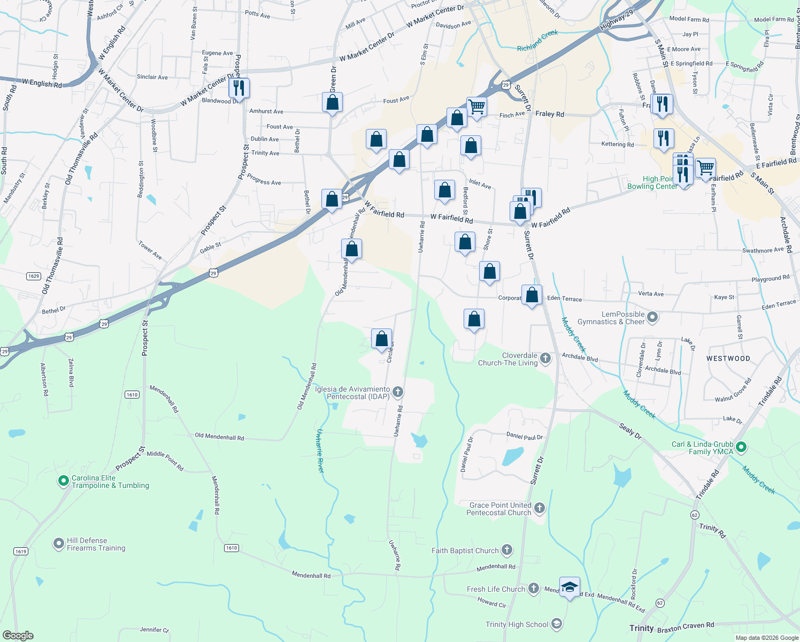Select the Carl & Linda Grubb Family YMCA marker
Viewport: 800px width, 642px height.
[741, 447]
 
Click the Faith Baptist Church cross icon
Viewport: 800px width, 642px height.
[507, 550]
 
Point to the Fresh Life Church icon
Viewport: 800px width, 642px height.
[533, 588]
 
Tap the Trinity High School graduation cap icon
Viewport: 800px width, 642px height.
[556, 624]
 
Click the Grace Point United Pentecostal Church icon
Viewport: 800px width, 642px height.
[540, 508]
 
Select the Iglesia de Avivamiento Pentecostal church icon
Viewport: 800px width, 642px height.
[397, 392]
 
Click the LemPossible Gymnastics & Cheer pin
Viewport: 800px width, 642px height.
[652, 317]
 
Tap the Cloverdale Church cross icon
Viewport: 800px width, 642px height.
[545, 358]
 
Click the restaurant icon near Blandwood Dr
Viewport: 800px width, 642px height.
[239, 88]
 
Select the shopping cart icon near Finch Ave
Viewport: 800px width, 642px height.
[476, 106]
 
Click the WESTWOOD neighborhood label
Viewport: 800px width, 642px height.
[728, 358]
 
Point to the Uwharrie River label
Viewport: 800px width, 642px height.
[320, 450]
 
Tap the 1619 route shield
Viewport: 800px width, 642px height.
[20, 551]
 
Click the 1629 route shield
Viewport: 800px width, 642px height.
[33, 276]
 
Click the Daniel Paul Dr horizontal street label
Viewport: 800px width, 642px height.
[524, 437]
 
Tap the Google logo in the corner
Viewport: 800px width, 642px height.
[18, 635]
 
